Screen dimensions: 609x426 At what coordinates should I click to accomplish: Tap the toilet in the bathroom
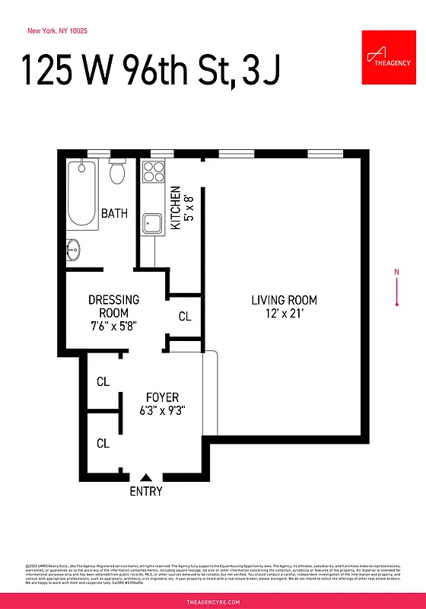pos(117,172)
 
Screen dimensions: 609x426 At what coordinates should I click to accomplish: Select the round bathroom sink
pos(72,248)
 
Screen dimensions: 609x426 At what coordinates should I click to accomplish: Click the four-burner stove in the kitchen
pos(153,172)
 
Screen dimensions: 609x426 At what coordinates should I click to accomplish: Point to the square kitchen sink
pos(154,224)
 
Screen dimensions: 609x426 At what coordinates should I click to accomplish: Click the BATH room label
pos(115,213)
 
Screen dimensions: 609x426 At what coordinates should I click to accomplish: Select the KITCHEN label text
pos(174,208)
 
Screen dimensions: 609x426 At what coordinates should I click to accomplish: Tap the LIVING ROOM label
pos(284,300)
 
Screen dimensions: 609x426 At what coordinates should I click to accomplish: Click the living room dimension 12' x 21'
pos(284,313)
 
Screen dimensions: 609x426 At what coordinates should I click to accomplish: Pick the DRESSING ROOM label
pos(113,306)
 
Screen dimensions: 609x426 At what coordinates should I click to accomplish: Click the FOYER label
pos(162,397)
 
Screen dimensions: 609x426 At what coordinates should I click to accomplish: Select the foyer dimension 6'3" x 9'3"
pos(162,410)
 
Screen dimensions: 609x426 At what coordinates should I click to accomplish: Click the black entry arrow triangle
pos(145,477)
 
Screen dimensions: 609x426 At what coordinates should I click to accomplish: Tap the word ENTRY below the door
pos(145,492)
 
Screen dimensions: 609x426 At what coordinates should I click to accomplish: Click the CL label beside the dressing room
pos(184,316)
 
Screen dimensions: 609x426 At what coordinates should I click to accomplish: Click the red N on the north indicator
pos(396,272)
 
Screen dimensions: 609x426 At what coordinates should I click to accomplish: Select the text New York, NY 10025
pos(57,31)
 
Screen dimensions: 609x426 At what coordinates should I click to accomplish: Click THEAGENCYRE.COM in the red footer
pos(213,601)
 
